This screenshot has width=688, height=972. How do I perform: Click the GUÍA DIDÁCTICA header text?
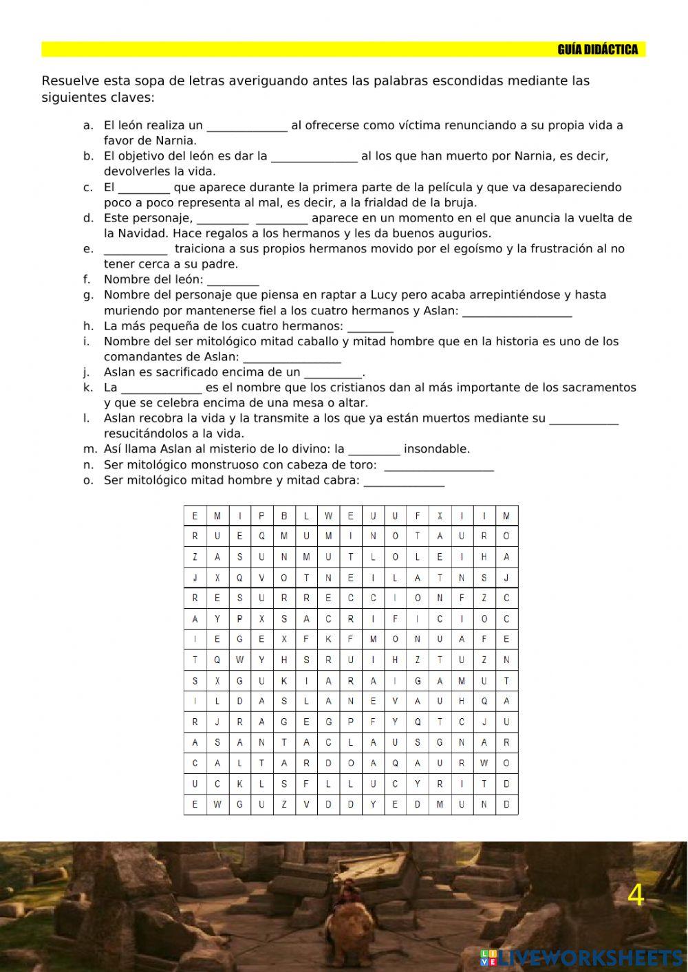pos(597,50)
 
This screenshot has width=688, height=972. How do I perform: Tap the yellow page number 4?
pos(636,896)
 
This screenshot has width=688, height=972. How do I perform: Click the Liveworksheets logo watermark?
pos(581,958)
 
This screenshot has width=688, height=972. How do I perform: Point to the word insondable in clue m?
pos(437,449)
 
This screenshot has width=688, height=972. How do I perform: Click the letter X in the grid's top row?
pos(440,516)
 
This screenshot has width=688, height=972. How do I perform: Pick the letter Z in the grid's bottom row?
pos(283,805)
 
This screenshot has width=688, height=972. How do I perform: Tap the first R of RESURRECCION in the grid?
pos(195,598)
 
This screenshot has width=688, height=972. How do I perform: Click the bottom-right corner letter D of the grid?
pos(506,805)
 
